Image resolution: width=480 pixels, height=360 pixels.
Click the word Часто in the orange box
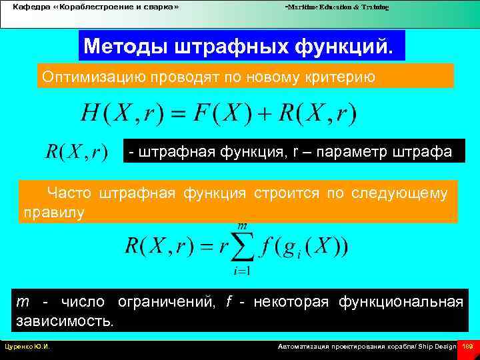click(68, 194)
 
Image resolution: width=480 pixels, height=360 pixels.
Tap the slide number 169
click(468, 347)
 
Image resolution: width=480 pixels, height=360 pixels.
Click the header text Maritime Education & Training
click(337, 7)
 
